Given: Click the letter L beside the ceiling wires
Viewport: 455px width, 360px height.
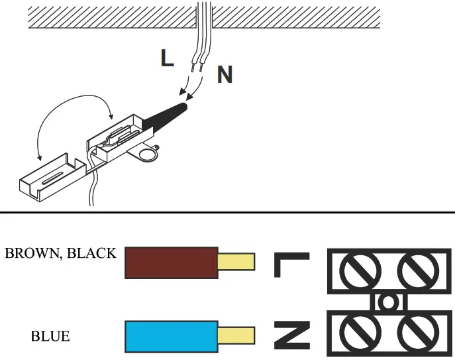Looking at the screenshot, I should point(167,58).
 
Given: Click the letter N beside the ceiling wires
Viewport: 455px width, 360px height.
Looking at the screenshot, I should point(225,74).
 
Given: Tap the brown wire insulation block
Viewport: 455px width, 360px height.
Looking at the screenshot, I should point(171,262).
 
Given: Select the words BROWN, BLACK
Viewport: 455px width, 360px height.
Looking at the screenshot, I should point(60,253).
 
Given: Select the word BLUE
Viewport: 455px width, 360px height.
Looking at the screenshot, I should point(50,337).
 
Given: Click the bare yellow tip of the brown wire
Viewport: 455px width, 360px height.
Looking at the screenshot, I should point(236,262).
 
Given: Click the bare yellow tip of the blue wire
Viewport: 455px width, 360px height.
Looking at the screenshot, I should point(236,335).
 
